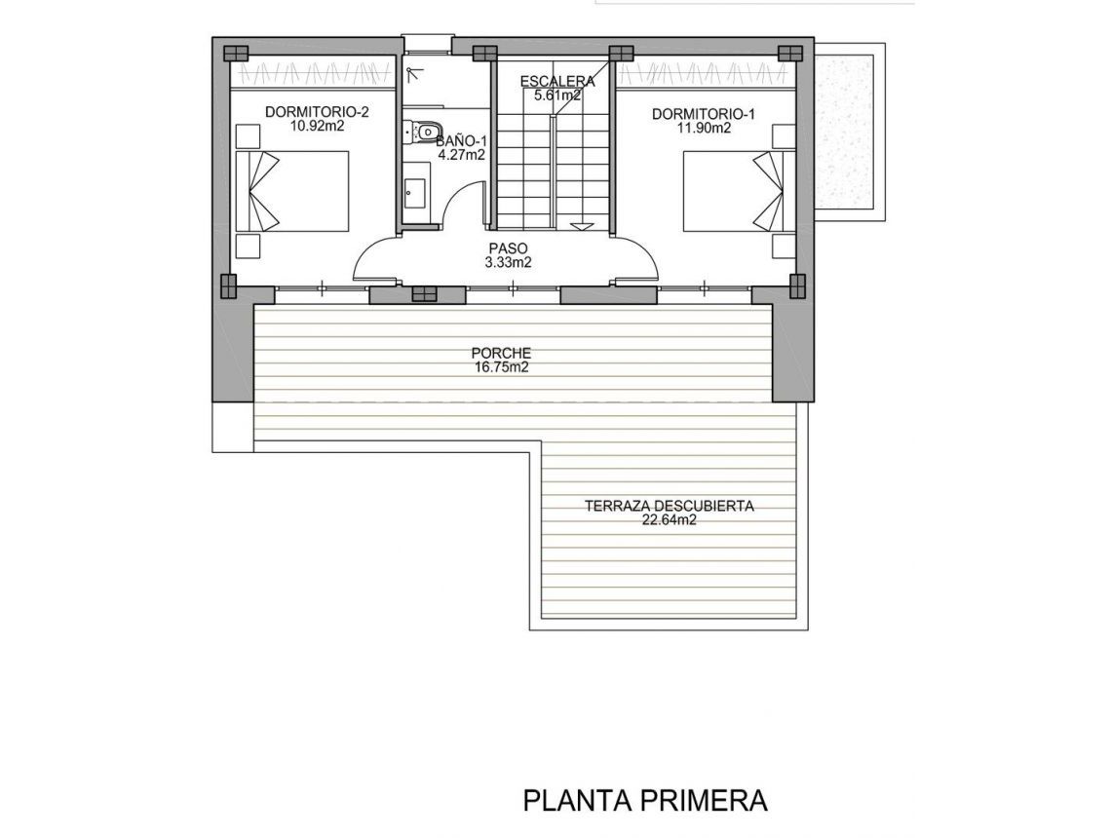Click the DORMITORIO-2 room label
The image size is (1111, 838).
point(304,112)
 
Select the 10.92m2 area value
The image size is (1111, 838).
point(304,126)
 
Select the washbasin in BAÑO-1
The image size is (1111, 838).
point(413,190)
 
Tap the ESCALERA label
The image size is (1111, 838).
point(556,81)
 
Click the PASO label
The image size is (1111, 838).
point(508,248)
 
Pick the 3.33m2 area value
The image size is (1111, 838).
point(508,262)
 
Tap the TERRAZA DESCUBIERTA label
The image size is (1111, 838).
point(670,506)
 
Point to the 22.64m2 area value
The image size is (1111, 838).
point(670,520)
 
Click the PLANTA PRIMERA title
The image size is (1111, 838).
point(645,801)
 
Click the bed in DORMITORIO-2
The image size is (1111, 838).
point(292,191)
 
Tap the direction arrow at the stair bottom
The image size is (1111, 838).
point(582,226)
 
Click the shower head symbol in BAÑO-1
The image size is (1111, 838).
point(413,71)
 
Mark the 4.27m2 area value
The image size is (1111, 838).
point(462,154)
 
